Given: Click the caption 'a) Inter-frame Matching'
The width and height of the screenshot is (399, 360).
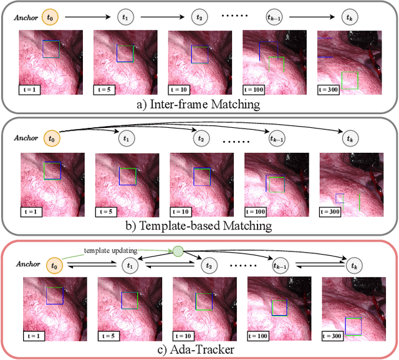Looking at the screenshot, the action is click(x=199, y=104).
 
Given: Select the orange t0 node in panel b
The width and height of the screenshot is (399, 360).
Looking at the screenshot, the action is click(x=50, y=138).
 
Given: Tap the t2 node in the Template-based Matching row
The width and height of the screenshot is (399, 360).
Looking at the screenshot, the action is click(x=200, y=138).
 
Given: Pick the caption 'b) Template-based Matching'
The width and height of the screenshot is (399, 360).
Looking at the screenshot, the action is click(x=199, y=224).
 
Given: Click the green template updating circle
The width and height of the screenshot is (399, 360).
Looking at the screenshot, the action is click(x=178, y=251).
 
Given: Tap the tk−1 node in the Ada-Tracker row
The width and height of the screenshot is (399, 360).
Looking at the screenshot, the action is click(x=277, y=265).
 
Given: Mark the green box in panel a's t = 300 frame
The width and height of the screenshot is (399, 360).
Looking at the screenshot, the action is click(x=350, y=80).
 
